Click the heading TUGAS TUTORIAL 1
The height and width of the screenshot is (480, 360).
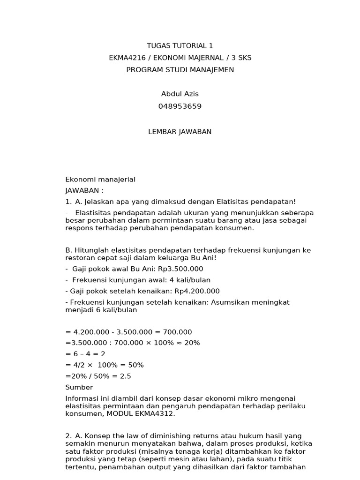click(x=180, y=46)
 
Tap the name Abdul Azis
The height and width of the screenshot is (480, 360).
click(x=180, y=94)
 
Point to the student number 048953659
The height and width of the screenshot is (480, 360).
click(x=180, y=106)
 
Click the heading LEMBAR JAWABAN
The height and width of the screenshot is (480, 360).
click(x=180, y=132)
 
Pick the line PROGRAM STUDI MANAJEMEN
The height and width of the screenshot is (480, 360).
click(x=180, y=70)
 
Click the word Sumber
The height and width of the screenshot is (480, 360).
click(x=79, y=387)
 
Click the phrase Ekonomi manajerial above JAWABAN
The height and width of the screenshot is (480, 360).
click(x=100, y=180)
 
